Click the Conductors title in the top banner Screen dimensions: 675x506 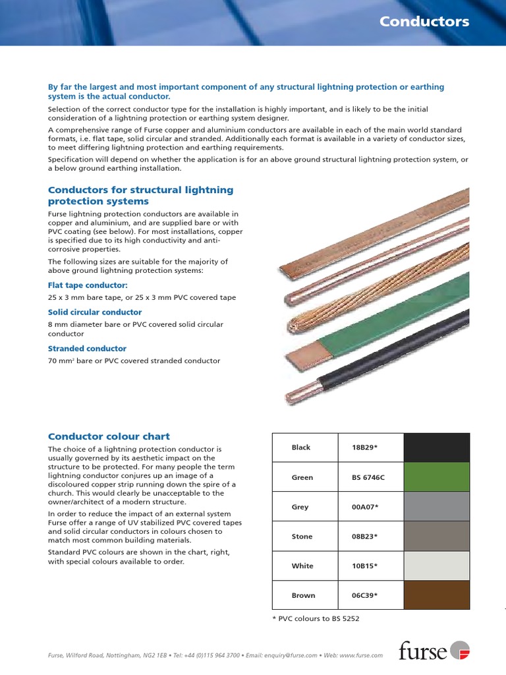click(424, 22)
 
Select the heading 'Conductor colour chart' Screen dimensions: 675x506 click(109, 436)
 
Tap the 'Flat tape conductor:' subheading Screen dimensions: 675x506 click(88, 285)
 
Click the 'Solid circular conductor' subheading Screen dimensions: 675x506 click(95, 312)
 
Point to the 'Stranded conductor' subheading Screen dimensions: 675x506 click(87, 348)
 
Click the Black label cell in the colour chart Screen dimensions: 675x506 click(301, 448)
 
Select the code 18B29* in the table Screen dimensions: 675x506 click(365, 448)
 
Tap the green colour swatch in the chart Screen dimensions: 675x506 click(436, 477)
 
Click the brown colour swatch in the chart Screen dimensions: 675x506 click(436, 595)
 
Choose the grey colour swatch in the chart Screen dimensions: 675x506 click(436, 507)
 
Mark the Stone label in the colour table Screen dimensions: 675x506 click(302, 537)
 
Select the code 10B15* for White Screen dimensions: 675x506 click(365, 566)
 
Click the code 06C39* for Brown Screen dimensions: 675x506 click(365, 595)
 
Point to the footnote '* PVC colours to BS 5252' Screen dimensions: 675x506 click(315, 618)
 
